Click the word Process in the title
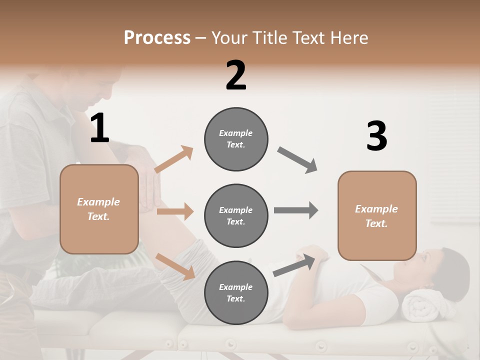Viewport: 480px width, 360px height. tap(157, 37)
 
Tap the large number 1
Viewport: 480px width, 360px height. tap(99, 128)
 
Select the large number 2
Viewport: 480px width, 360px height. tap(236, 75)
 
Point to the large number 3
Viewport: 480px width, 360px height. tap(376, 136)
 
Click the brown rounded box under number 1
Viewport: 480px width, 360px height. tap(99, 209)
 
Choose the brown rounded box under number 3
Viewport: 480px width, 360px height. tap(377, 215)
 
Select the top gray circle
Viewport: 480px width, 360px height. tap(236, 139)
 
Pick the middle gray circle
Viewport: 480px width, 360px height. tap(236, 215)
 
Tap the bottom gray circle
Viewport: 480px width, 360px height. tap(236, 292)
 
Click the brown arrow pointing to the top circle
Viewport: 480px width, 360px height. tap(174, 159)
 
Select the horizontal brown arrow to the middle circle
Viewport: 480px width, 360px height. tap(175, 211)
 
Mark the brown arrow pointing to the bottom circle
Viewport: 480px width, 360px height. tap(175, 266)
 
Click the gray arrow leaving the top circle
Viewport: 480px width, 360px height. tap(297, 160)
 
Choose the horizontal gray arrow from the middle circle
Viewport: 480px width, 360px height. tap(295, 210)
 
